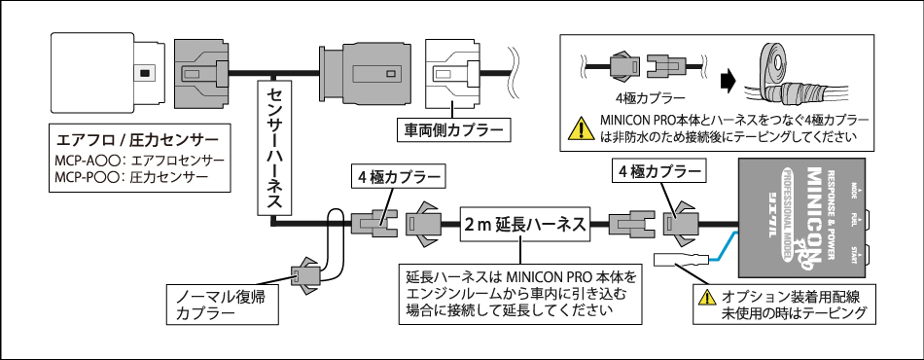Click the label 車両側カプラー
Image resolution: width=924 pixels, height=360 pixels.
pyautogui.click(x=452, y=127)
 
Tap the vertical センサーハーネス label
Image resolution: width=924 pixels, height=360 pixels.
pyautogui.click(x=274, y=146)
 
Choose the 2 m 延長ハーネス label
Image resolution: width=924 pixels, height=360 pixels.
pyautogui.click(x=524, y=225)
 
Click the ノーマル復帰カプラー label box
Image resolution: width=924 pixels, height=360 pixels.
pyautogui.click(x=220, y=304)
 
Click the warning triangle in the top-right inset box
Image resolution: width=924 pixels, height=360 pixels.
pyautogui.click(x=582, y=127)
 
